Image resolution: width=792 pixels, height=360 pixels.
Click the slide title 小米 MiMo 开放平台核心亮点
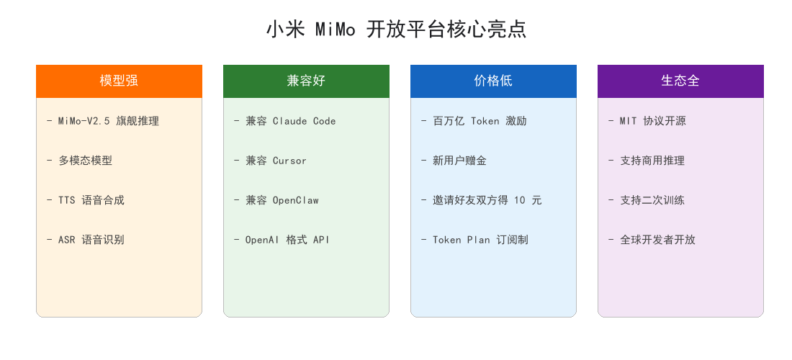[x=396, y=30]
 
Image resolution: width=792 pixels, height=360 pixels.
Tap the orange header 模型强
[x=120, y=81]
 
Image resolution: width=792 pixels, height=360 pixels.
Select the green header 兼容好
[x=306, y=81]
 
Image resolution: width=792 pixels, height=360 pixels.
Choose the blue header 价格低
[x=493, y=81]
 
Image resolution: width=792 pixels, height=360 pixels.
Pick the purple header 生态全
[x=680, y=81]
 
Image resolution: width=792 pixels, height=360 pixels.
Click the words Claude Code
[x=304, y=121]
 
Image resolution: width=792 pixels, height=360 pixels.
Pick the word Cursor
[x=289, y=161]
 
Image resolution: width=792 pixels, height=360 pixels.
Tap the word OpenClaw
[x=295, y=200]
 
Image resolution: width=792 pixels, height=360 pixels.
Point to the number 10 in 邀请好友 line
[x=521, y=200]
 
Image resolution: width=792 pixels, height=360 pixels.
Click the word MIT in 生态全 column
[x=629, y=121]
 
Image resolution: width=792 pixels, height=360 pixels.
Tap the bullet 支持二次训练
[x=647, y=200]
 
